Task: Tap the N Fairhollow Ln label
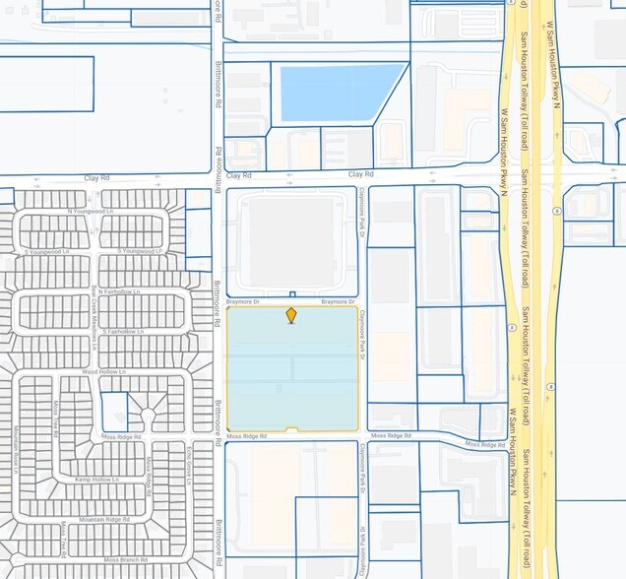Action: click(x=117, y=291)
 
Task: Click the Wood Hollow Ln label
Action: click(x=103, y=371)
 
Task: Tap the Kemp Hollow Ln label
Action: click(x=96, y=480)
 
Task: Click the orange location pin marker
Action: click(x=291, y=315)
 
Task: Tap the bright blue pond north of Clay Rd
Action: click(x=341, y=93)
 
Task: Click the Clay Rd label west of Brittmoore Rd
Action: click(x=94, y=178)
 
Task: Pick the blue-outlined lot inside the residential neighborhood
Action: click(x=114, y=412)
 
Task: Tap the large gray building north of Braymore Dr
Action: click(x=289, y=241)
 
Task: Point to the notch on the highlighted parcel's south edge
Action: click(x=291, y=428)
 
